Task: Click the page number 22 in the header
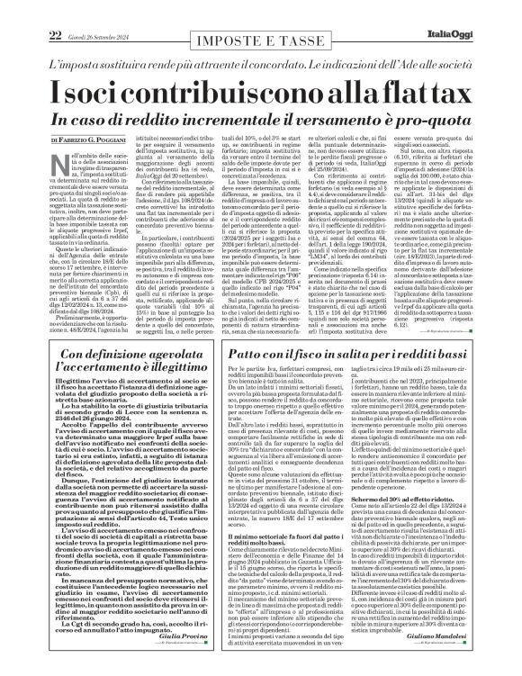[29, 10]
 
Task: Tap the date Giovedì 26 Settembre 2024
[76, 10]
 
